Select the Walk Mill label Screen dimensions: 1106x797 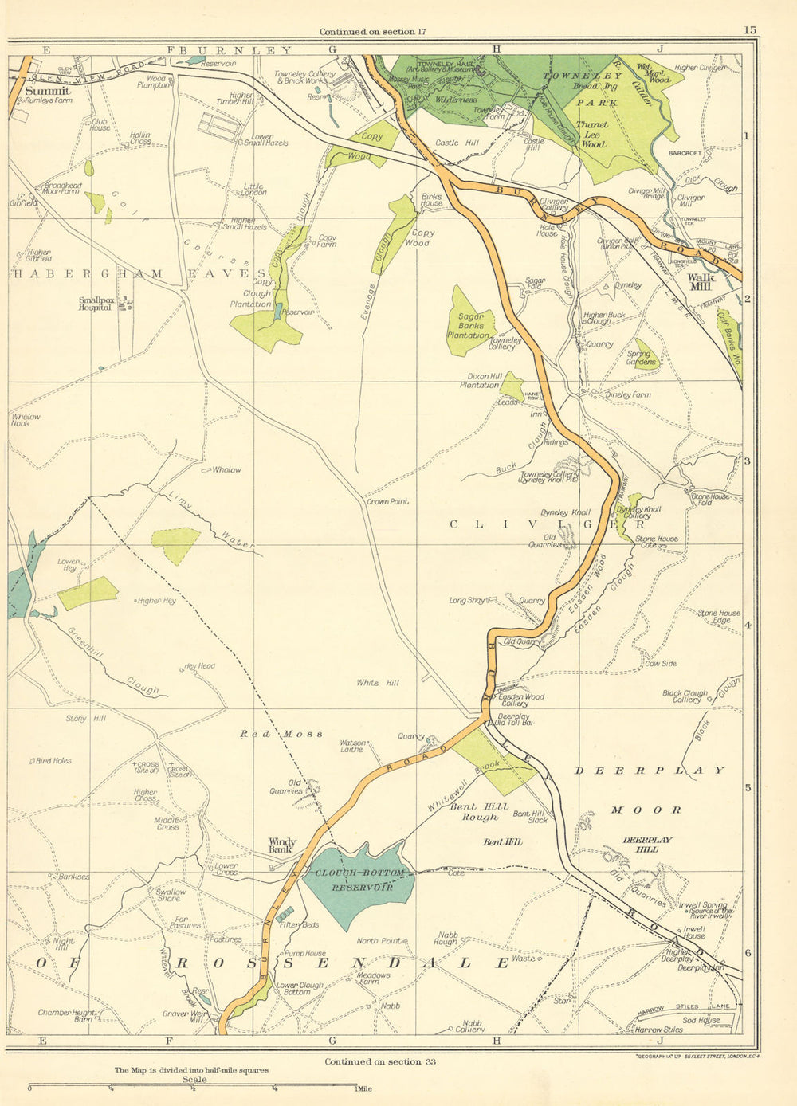click(702, 282)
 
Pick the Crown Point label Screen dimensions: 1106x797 click(387, 501)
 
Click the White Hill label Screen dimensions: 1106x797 click(377, 683)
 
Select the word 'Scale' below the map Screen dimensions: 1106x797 click(194, 1080)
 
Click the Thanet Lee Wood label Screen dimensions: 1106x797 click(591, 135)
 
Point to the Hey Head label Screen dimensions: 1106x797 click(199, 666)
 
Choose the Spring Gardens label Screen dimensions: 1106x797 click(642, 358)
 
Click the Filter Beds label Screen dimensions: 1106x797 click(300, 924)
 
